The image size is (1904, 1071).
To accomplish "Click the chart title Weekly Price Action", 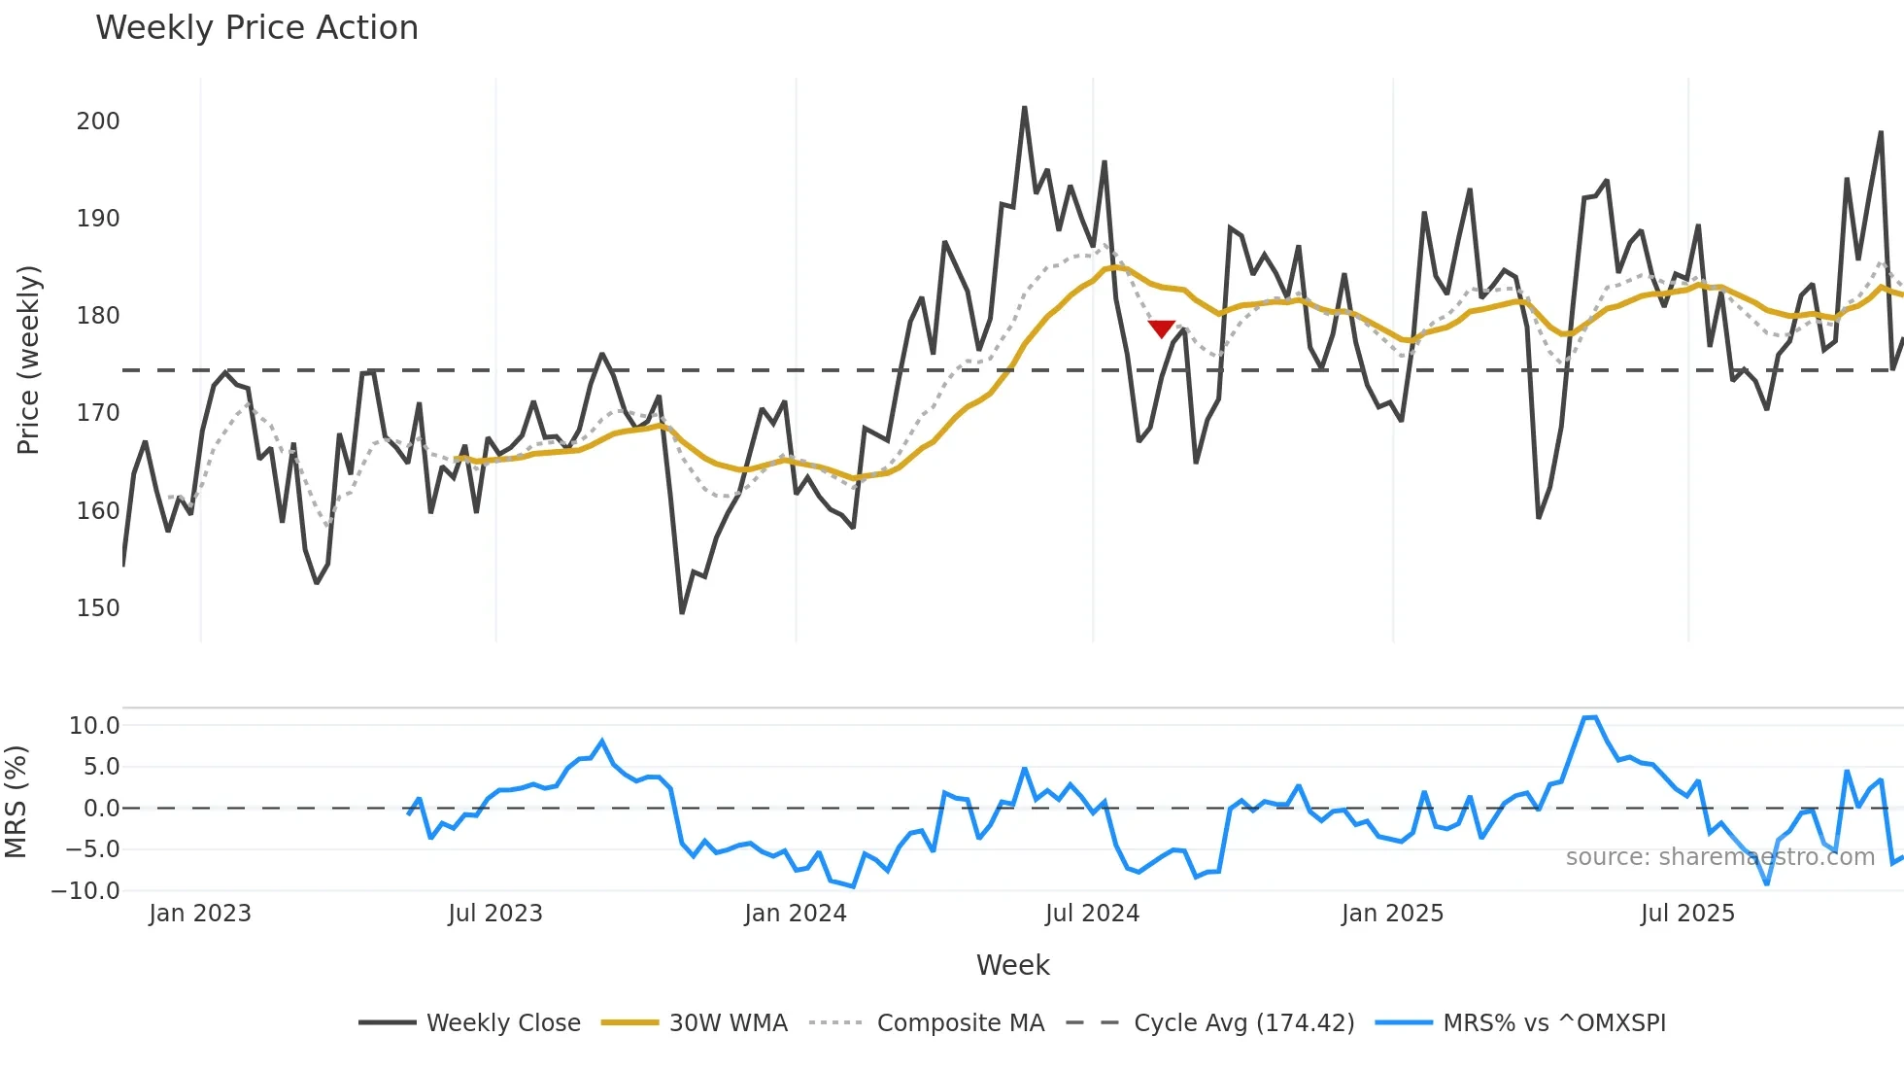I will coord(256,28).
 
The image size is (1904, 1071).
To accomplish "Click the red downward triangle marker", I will coord(1161,328).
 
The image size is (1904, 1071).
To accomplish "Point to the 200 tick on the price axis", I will coord(98,121).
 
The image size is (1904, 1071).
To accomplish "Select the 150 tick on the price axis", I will coord(98,608).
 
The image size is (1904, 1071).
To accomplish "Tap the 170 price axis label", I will coord(98,413).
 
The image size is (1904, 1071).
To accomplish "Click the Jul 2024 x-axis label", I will coord(1092,914).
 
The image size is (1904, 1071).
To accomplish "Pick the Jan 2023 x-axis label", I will coord(200,914).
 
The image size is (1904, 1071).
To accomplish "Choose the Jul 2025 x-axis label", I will coord(1687,914).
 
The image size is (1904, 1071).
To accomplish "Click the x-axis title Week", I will coord(1012,965).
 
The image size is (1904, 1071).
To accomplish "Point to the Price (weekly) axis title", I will coord(28,360).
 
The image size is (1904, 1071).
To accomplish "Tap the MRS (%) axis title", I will coord(17,802).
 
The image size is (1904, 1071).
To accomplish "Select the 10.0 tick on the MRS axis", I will coord(94,726).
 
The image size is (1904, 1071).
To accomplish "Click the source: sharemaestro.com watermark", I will coord(1719,857).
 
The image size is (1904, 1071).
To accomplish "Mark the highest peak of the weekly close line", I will coord(1024,108).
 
